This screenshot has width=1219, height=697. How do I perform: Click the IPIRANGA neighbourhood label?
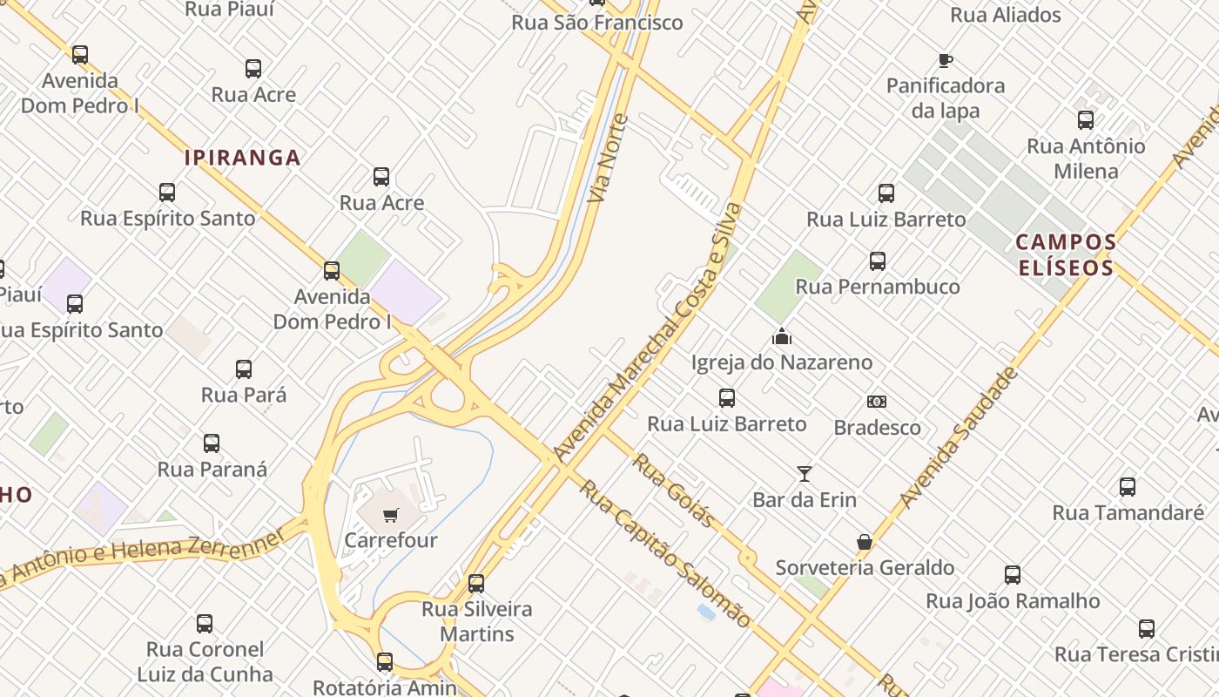242,158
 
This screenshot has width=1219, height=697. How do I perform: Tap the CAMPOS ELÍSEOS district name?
1066,254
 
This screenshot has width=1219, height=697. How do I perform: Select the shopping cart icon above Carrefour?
390,515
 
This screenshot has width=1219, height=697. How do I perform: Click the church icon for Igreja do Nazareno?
782,336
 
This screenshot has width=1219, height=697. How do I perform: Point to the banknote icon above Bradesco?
877,402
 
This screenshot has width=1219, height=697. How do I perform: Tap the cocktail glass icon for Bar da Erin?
805,474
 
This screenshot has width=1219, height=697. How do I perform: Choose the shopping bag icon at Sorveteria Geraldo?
865,542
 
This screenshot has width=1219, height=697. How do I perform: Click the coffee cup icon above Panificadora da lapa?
946,60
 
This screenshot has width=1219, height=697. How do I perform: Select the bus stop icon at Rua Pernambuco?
878,261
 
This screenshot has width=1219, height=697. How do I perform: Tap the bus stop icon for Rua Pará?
244,369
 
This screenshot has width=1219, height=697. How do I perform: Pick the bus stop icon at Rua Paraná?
212,443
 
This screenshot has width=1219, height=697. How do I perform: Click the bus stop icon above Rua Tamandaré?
1128,487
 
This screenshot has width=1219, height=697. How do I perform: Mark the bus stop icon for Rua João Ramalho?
1013,575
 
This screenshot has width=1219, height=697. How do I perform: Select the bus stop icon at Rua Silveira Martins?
476,583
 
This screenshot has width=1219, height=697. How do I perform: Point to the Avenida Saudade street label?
959,437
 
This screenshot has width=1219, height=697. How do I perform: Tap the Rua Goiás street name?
674,491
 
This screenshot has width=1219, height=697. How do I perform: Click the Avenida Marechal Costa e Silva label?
649,331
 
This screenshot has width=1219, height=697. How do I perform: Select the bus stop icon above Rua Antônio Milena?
1086,120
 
